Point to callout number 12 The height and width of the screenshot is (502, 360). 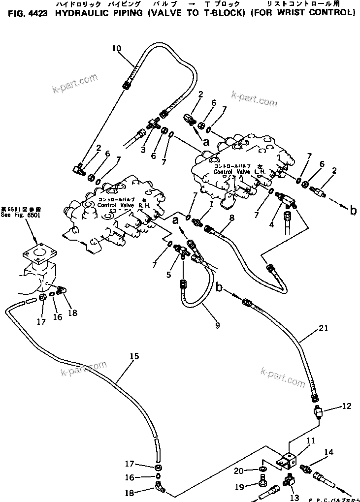pyautogui.click(x=346, y=406)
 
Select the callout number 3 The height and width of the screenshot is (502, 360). pyautogui.click(x=143, y=150)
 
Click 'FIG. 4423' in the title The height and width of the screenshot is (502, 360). pyautogui.click(x=28, y=13)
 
